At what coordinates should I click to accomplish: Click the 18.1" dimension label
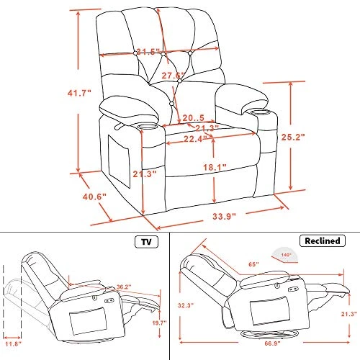coord(215,167)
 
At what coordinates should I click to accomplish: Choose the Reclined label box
coord(320,240)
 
